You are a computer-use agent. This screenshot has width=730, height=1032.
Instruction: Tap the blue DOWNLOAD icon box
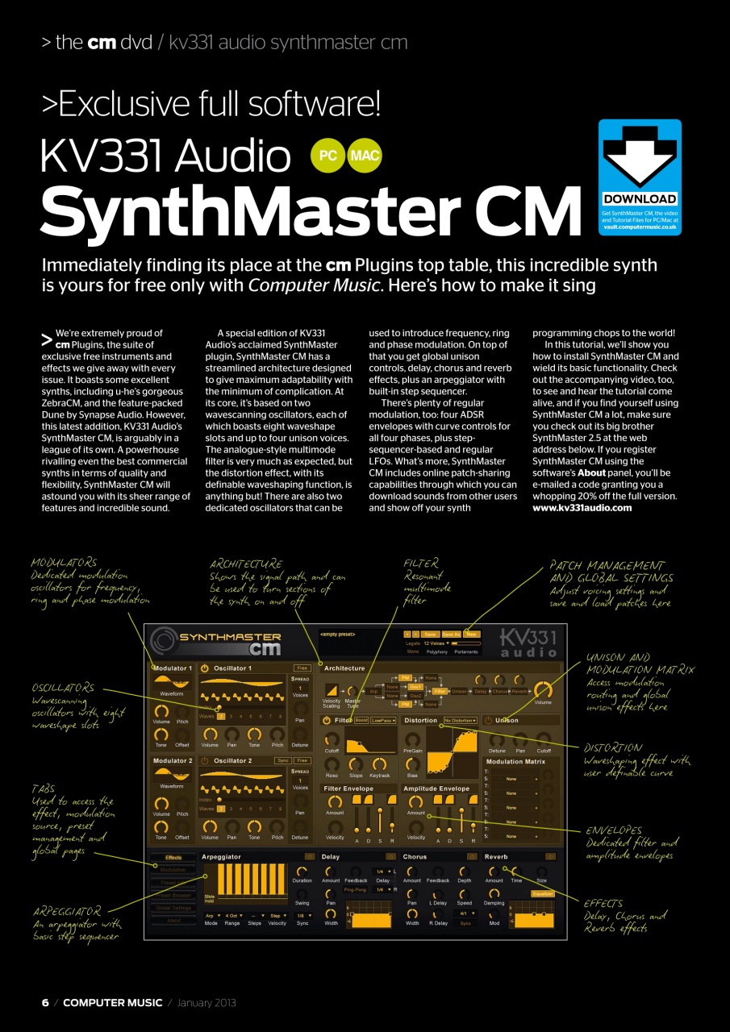click(x=640, y=177)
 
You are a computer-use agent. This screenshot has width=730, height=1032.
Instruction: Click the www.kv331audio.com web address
click(x=582, y=507)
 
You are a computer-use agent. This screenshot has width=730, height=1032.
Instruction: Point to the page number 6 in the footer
click(x=45, y=1002)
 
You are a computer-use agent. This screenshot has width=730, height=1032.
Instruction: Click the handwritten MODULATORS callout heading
click(x=64, y=563)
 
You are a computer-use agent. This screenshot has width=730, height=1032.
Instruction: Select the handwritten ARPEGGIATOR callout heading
click(x=67, y=911)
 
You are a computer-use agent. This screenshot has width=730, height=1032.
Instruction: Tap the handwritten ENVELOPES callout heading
click(x=614, y=830)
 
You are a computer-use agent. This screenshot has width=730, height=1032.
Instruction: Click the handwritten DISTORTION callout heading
click(x=613, y=748)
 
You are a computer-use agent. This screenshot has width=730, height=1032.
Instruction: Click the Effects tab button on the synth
click(x=173, y=858)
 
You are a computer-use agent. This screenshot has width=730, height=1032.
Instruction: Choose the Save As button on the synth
click(x=451, y=635)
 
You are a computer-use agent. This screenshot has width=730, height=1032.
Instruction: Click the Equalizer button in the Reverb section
click(x=542, y=893)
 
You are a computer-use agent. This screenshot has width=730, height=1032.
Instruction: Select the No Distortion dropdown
click(x=460, y=720)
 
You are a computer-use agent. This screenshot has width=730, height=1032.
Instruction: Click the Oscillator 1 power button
click(x=205, y=668)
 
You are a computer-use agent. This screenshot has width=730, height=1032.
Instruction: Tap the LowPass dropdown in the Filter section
click(x=383, y=720)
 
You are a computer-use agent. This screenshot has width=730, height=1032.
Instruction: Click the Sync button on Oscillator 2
click(x=282, y=760)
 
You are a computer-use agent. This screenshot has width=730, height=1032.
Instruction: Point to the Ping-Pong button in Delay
click(x=355, y=889)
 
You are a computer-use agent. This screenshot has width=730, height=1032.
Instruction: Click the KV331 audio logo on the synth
click(x=528, y=641)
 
